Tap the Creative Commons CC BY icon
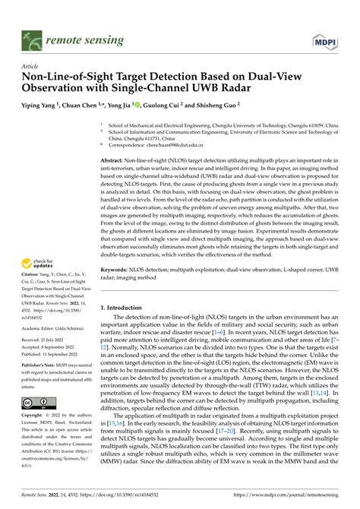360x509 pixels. pyautogui.click(x=36, y=400)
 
